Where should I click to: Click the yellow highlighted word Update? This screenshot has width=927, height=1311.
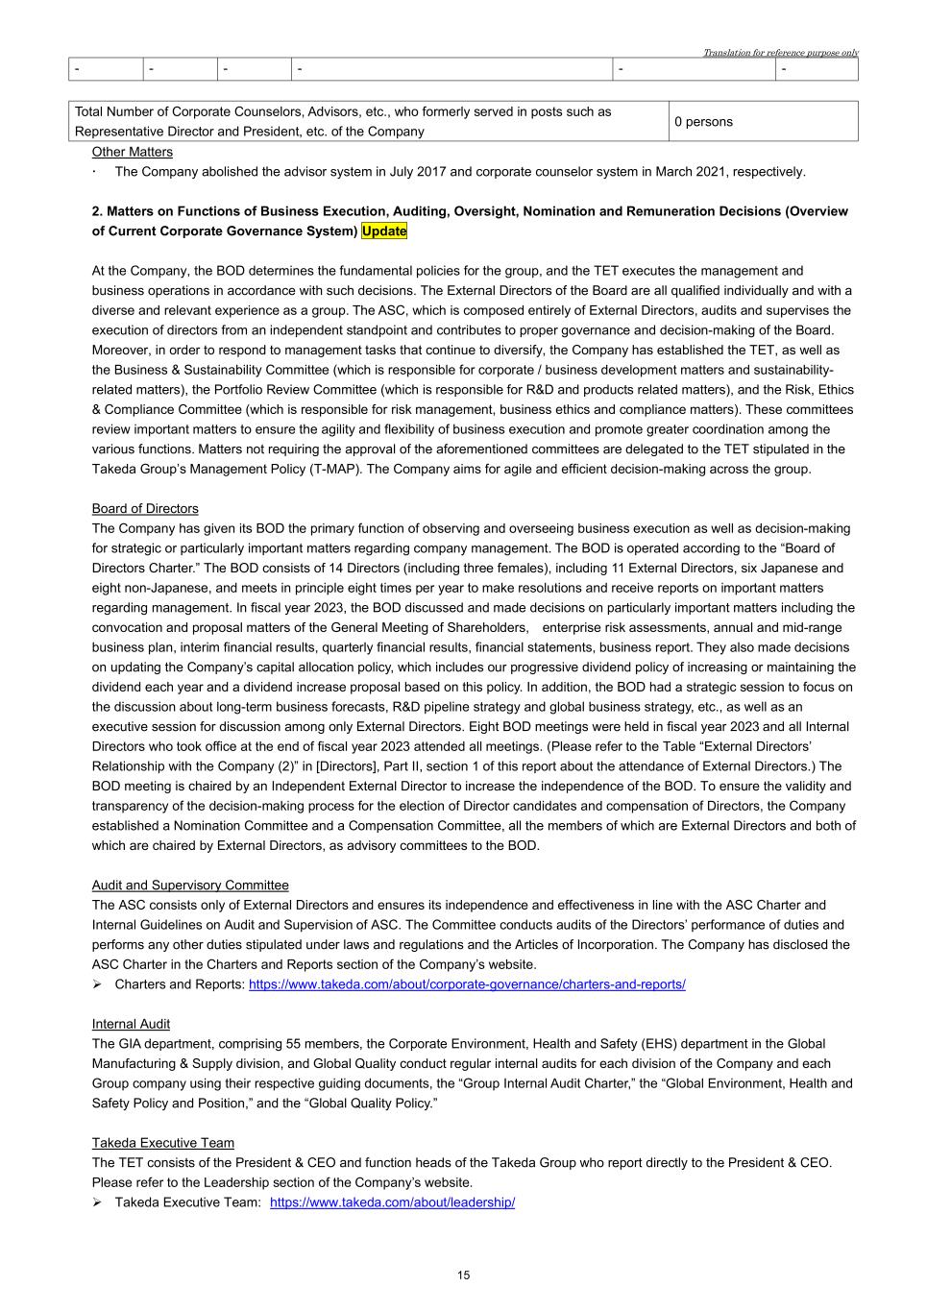point(384,231)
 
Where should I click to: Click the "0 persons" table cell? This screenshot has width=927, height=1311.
point(703,122)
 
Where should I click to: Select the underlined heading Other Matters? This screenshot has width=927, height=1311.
point(133,152)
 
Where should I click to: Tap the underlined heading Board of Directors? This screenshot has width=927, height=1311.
point(145,509)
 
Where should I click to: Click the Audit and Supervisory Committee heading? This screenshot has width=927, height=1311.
point(190,886)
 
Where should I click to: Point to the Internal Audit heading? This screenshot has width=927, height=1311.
point(131,1024)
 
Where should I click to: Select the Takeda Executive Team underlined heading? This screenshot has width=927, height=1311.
point(163,1143)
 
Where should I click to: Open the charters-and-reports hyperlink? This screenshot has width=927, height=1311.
point(467,984)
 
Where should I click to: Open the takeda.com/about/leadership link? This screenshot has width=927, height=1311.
point(392,1202)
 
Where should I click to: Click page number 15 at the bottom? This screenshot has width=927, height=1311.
point(464,1275)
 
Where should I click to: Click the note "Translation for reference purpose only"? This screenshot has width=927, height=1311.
point(780,53)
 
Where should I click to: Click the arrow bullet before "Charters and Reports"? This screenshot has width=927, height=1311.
point(98,984)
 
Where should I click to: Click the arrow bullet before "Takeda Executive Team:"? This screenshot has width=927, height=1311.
point(98,1202)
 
